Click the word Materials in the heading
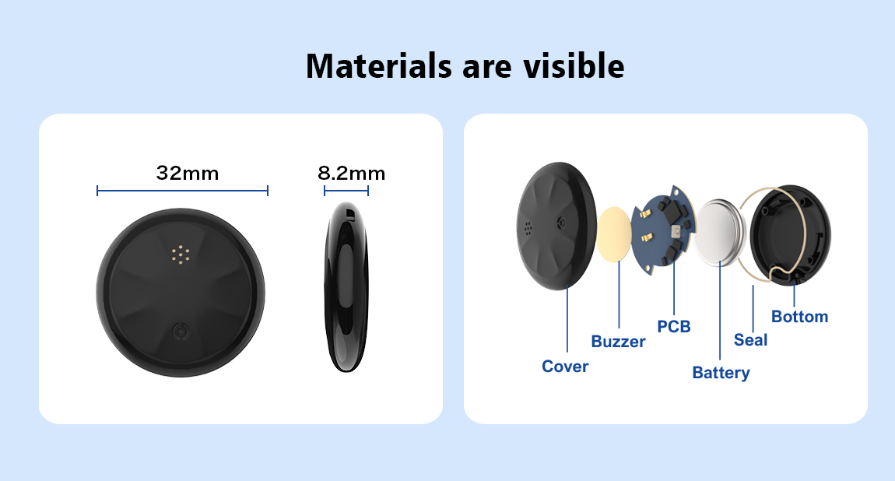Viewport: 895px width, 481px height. point(379,65)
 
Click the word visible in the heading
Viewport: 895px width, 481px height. point(574,65)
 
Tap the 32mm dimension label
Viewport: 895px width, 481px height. point(188,173)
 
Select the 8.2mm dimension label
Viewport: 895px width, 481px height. point(351,173)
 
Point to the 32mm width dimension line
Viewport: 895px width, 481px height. point(182,191)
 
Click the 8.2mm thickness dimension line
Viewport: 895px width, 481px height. point(346,191)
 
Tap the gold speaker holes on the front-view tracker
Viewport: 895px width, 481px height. point(181,255)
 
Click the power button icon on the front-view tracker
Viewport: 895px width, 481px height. point(181,331)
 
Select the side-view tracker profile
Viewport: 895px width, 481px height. point(346,286)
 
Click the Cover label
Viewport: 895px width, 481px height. point(564,367)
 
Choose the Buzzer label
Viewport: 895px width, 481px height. point(618,341)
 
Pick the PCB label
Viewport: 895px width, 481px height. point(673,326)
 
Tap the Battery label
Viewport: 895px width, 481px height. point(721,373)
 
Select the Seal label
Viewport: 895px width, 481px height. point(750,340)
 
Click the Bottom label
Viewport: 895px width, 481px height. point(799,317)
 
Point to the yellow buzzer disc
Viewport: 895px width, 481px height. point(614,234)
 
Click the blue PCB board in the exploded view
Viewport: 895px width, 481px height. point(665,230)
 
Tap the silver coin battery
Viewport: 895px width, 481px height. point(721,233)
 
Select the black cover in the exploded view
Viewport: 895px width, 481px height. point(556,226)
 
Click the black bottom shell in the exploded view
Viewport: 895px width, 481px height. point(791,234)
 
